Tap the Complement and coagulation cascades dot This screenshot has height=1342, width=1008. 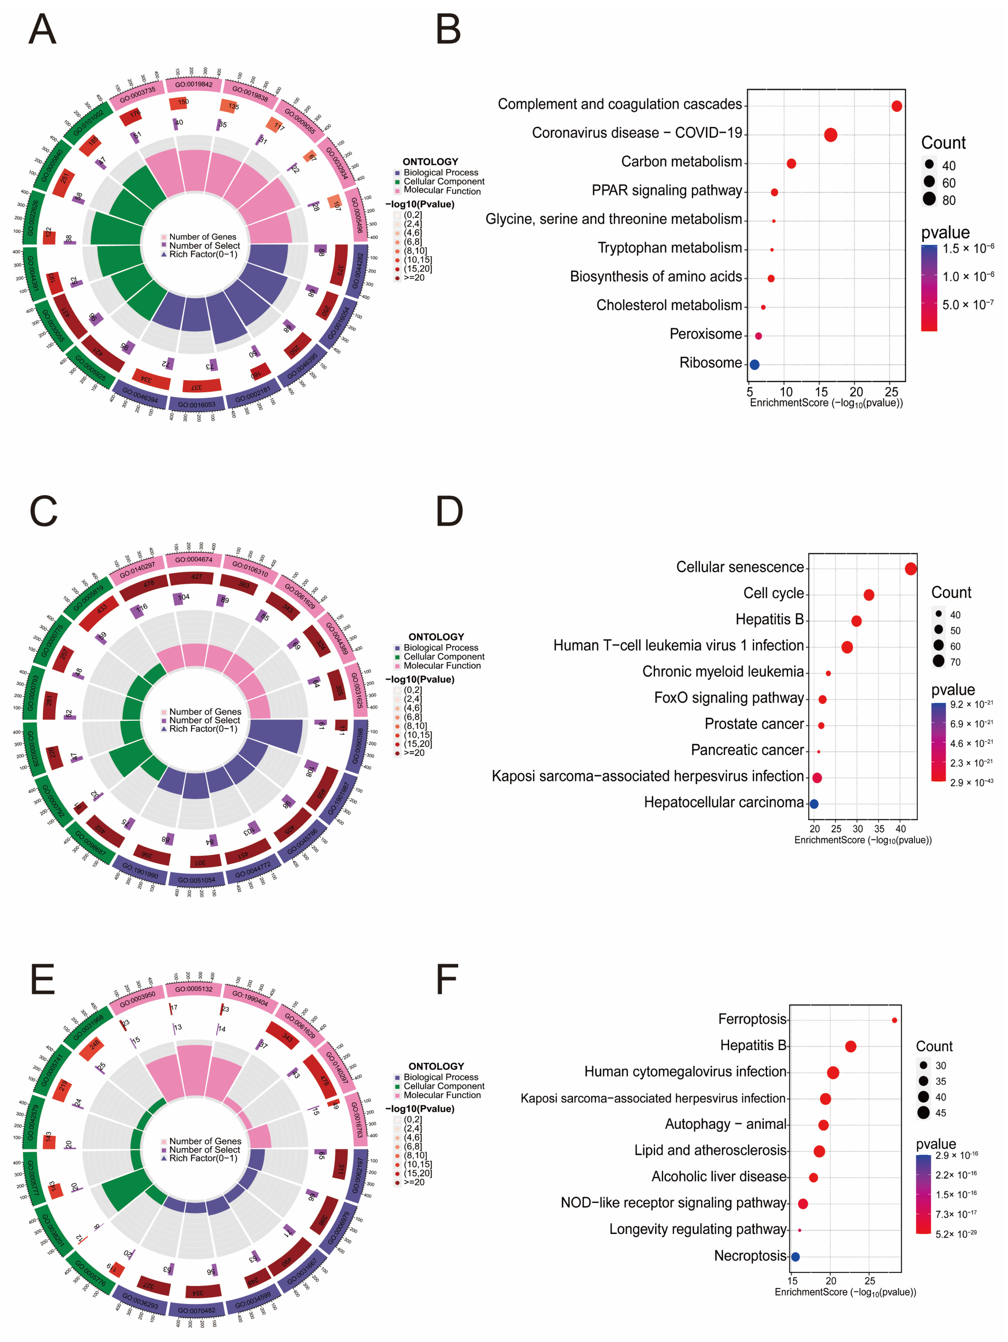[896, 106]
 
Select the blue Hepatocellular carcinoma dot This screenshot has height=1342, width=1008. [814, 804]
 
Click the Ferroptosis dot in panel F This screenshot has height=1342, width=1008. [895, 1020]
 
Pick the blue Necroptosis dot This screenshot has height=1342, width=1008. [795, 1256]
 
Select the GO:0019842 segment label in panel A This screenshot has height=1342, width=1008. [194, 84]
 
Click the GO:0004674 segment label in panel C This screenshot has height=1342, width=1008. [194, 559]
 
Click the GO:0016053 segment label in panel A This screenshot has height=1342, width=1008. [197, 405]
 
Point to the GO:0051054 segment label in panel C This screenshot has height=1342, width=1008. [197, 880]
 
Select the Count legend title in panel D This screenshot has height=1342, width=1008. [951, 593]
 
